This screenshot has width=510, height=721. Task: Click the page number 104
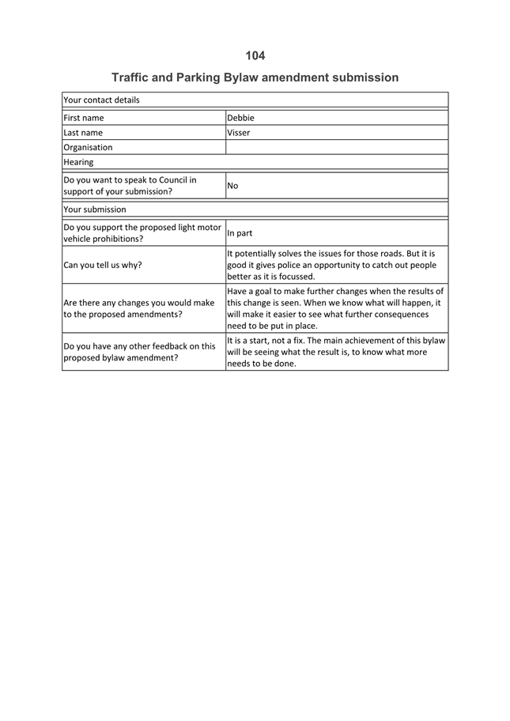coord(255,55)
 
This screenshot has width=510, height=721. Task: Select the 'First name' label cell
coord(84,118)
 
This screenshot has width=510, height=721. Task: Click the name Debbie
coord(240,118)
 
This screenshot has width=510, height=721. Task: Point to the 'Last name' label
coord(83,133)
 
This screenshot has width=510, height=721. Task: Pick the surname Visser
coord(238,133)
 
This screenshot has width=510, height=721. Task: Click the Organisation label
coord(88,147)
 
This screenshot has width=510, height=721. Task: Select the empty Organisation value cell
coord(336,147)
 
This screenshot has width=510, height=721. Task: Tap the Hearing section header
coord(78,162)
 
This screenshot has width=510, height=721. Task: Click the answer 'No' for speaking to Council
coord(232,186)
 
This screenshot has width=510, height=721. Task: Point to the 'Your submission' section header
coord(94,210)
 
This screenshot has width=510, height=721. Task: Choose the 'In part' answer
coord(240,233)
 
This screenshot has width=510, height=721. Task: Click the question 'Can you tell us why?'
coord(103,265)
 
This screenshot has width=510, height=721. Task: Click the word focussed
coord(296,277)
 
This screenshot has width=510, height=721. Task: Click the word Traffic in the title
coord(132,77)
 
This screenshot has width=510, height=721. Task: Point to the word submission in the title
coord(365,77)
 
